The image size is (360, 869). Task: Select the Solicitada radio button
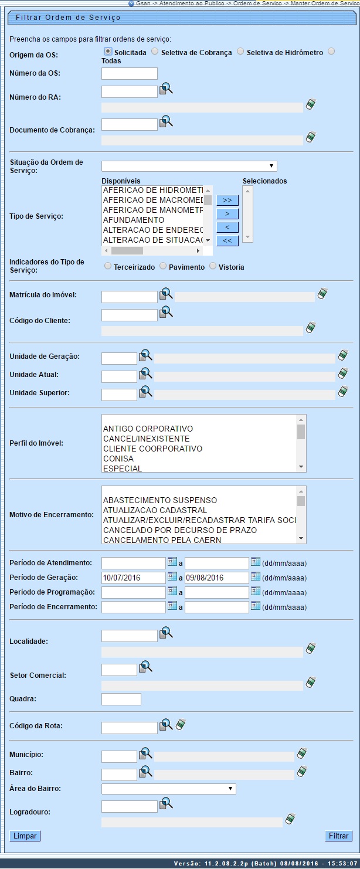[x=108, y=52]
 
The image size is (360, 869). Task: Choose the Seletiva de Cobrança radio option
[x=155, y=52]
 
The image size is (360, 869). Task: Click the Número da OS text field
[x=129, y=73]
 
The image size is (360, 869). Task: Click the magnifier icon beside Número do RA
[x=167, y=89]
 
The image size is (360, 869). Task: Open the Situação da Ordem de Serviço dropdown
[x=189, y=166]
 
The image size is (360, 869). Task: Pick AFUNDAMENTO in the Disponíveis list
[x=134, y=220]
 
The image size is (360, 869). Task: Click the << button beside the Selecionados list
[x=227, y=240]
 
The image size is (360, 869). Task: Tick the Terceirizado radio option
[x=107, y=266]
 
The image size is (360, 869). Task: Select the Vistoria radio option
[x=213, y=266]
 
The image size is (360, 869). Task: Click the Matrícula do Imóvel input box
[x=129, y=297]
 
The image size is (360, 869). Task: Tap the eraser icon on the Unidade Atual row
[x=343, y=374]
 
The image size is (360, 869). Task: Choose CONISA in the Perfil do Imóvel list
[x=118, y=459]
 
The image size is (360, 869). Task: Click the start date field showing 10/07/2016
[x=134, y=578]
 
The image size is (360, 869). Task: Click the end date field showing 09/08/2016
[x=216, y=578]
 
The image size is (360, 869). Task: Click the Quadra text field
[x=121, y=699]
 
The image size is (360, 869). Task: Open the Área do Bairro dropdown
[x=168, y=789]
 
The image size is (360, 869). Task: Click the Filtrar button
[x=338, y=836]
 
